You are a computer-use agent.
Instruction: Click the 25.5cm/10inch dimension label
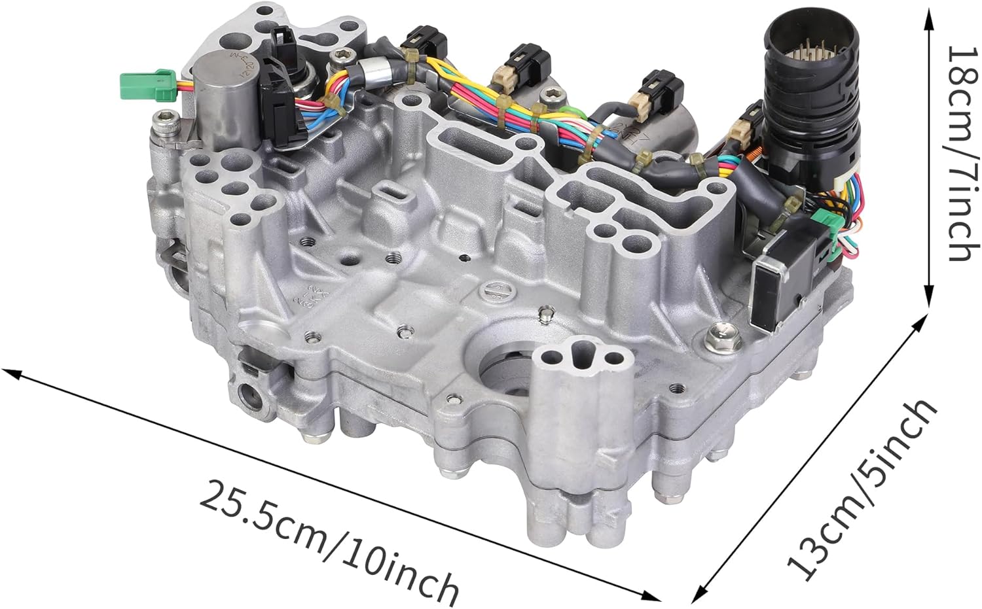pyautogui.click(x=327, y=540)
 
